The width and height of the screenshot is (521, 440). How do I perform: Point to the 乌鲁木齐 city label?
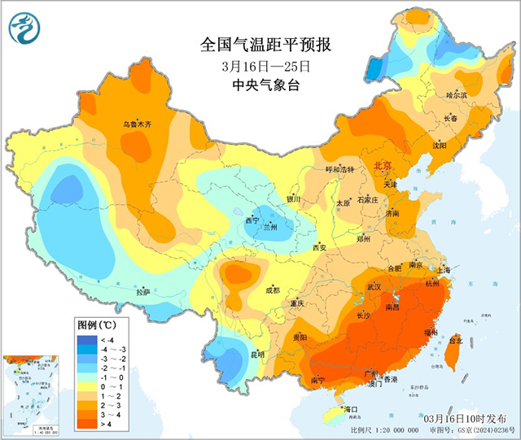click(137, 124)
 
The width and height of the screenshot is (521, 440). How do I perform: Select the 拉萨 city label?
click(143, 292)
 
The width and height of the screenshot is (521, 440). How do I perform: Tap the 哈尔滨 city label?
click(458, 95)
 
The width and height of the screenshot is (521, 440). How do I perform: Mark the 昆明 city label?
click(258, 355)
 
